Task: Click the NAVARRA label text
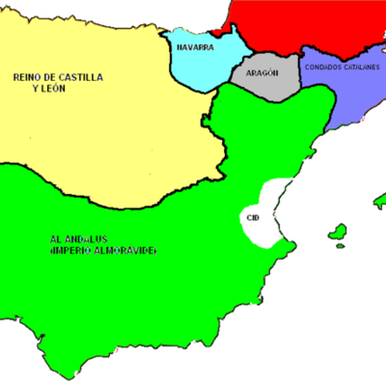pos(195,43)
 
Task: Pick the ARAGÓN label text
pos(262,73)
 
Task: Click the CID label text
pos(254,218)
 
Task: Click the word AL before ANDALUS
pos(56,239)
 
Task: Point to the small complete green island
pos(337,233)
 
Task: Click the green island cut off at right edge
pos(379,203)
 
